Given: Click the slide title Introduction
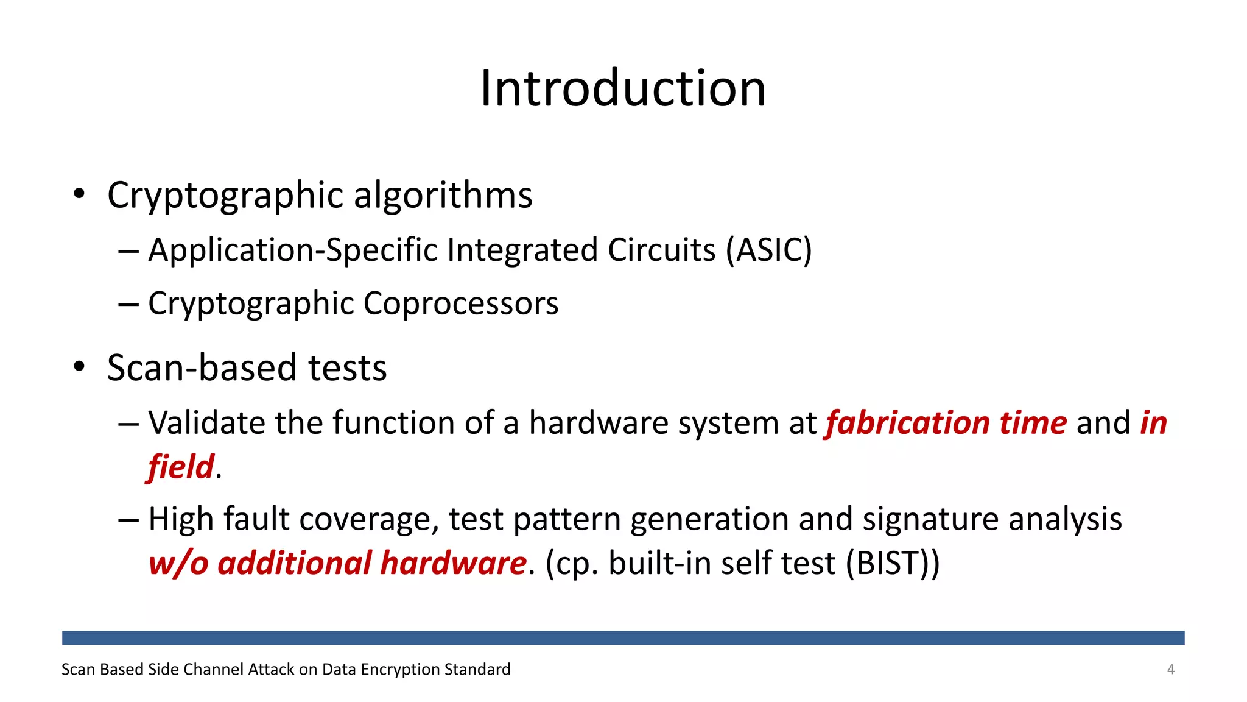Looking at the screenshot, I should coord(623,88).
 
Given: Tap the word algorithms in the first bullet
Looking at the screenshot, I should coord(443,196).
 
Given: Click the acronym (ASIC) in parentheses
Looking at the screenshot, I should coord(768,250).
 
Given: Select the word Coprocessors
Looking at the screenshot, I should coord(461,303).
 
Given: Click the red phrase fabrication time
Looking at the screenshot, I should coord(946,423).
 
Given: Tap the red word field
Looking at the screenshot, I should coord(181,467).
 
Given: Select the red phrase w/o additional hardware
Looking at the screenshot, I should coord(337,562).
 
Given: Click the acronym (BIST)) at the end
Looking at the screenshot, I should coord(893,562).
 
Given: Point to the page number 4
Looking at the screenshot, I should coord(1170,669).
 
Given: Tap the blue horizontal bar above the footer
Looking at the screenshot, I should coord(623,637).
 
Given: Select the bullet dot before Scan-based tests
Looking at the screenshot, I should coord(79,367).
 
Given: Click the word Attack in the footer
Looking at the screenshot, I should coord(272,669).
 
